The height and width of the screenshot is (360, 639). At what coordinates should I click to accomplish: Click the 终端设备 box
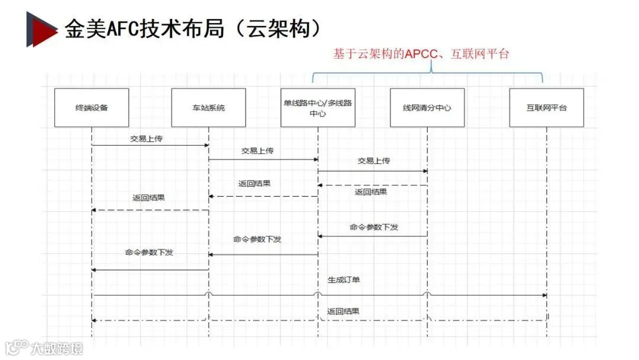(92, 108)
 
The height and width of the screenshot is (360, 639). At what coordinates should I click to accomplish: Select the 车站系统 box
(208, 108)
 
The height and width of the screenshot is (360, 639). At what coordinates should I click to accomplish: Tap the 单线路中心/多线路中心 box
(318, 108)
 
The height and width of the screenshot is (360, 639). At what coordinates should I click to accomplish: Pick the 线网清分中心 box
(427, 108)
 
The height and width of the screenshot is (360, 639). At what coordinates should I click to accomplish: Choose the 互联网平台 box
(546, 108)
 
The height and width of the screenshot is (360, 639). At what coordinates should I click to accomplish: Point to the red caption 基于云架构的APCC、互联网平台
(421, 54)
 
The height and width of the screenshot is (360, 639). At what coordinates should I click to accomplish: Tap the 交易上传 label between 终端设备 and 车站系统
(147, 139)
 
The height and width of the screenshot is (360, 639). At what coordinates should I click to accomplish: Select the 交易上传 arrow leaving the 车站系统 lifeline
(263, 159)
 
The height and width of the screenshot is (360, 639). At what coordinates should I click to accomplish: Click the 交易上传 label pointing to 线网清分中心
(374, 160)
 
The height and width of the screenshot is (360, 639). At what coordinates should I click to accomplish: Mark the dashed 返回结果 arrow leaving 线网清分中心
(373, 185)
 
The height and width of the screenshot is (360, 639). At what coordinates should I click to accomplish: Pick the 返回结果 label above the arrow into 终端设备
(149, 198)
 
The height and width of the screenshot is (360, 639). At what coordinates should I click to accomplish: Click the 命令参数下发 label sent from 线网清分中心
(374, 227)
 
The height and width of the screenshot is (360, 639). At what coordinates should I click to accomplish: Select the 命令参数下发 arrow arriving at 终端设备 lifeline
(150, 270)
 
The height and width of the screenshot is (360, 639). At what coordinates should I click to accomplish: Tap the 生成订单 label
(344, 279)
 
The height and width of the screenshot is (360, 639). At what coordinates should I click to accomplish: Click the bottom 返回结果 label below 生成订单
(343, 311)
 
